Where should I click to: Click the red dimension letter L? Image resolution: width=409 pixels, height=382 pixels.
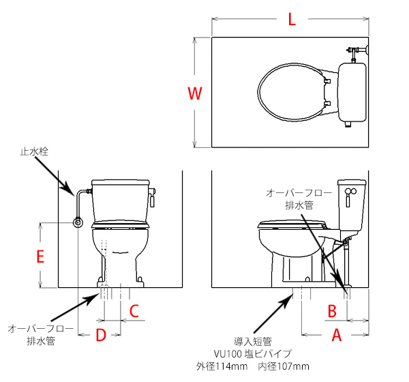click(x=292, y=19)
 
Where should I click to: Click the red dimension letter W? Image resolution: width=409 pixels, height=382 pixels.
click(x=195, y=93)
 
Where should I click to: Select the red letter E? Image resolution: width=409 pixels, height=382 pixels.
click(x=40, y=256)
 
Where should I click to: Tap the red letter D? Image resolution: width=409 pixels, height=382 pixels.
click(x=101, y=335)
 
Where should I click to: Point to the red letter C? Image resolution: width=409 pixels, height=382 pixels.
click(x=134, y=311)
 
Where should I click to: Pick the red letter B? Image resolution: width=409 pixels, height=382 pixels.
click(x=332, y=311)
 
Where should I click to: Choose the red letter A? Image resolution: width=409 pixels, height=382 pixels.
click(x=337, y=335)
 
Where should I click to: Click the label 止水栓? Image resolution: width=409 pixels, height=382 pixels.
click(x=34, y=151)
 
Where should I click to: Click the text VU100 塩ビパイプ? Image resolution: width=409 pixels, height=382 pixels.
click(x=252, y=354)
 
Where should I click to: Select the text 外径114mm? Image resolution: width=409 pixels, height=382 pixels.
click(x=222, y=366)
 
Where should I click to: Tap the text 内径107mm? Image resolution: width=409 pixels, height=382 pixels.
click(x=284, y=366)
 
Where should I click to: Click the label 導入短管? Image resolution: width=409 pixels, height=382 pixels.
click(x=252, y=341)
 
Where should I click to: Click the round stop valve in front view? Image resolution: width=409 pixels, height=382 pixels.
click(x=78, y=222)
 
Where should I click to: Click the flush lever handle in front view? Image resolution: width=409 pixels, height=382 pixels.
click(x=152, y=198)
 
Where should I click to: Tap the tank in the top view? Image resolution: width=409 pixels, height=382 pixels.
click(x=352, y=92)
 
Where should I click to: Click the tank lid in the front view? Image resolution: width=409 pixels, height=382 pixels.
click(x=121, y=182)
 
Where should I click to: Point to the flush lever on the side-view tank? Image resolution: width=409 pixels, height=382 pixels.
click(x=350, y=196)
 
